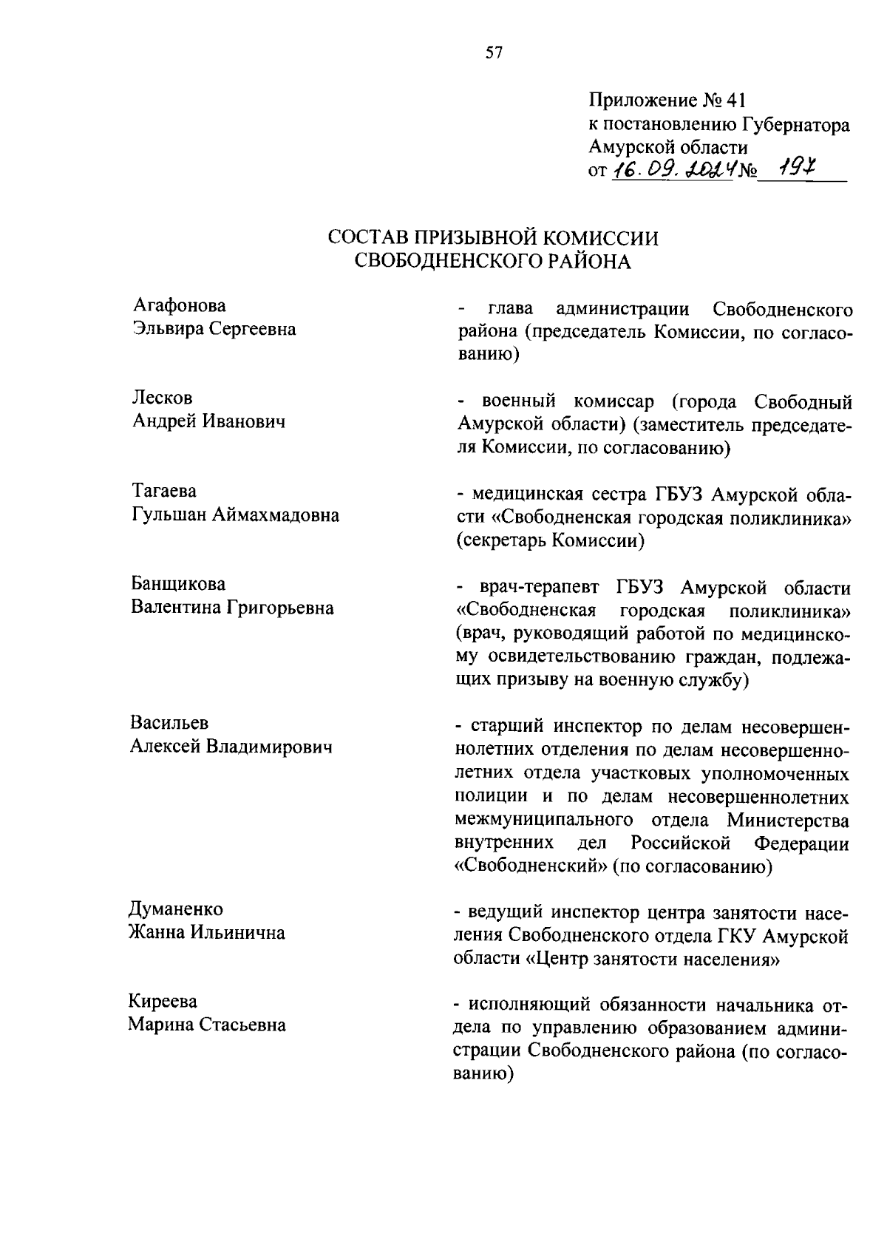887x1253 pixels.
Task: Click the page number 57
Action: pos(494,52)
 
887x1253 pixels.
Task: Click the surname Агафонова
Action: pos(180,305)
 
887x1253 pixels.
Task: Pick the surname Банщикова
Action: pos(178,584)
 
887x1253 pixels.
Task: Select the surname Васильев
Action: pos(169,722)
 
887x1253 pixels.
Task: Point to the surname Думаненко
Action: pos(176,909)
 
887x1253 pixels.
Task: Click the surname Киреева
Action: pos(163,1002)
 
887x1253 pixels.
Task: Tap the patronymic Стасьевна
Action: pos(240,1025)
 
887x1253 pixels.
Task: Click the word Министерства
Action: pos(787,820)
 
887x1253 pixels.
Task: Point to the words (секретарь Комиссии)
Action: pos(550,541)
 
